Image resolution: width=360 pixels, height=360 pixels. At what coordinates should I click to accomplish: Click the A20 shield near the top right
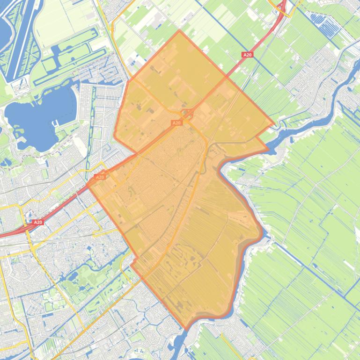(x=247, y=55)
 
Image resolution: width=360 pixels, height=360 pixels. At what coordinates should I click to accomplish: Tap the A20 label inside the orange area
(x=176, y=123)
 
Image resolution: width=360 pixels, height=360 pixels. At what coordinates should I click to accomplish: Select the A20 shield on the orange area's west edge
(x=100, y=177)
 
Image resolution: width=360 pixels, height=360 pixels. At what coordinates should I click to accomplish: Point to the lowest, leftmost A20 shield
(x=38, y=223)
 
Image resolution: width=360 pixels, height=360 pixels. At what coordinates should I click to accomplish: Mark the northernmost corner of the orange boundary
(x=179, y=31)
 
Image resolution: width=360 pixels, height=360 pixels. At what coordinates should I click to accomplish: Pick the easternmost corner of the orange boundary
(x=275, y=126)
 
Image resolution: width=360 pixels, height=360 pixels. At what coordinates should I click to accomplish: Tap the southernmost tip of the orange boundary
(x=186, y=330)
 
